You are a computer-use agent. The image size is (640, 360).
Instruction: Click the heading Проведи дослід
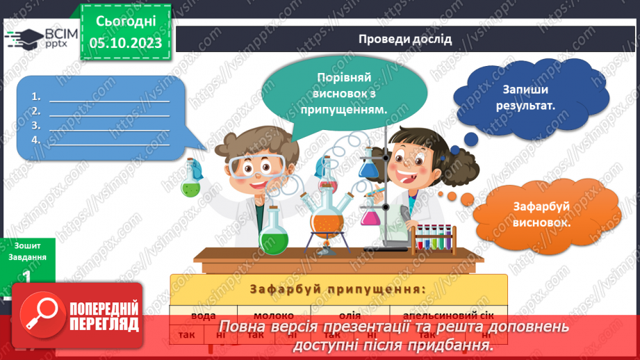coord(405,39)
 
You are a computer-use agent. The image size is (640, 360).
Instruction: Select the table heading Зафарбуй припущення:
coord(338,288)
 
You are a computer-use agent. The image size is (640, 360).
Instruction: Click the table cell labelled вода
coord(202,315)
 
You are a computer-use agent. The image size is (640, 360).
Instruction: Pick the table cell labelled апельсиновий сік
coord(448,315)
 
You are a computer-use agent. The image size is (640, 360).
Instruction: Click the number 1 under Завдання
coord(26,277)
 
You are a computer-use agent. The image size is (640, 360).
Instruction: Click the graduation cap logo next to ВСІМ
coord(26,38)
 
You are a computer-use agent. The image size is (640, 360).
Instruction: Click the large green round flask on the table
coord(274,234)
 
